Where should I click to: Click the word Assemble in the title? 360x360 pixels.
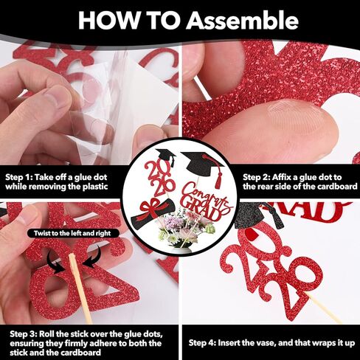[x=225, y=20]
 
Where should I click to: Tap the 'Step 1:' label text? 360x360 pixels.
[x=23, y=178]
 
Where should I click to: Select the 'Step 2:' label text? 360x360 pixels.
[x=261, y=178]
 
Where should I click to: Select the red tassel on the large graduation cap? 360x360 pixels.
[x=218, y=177]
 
